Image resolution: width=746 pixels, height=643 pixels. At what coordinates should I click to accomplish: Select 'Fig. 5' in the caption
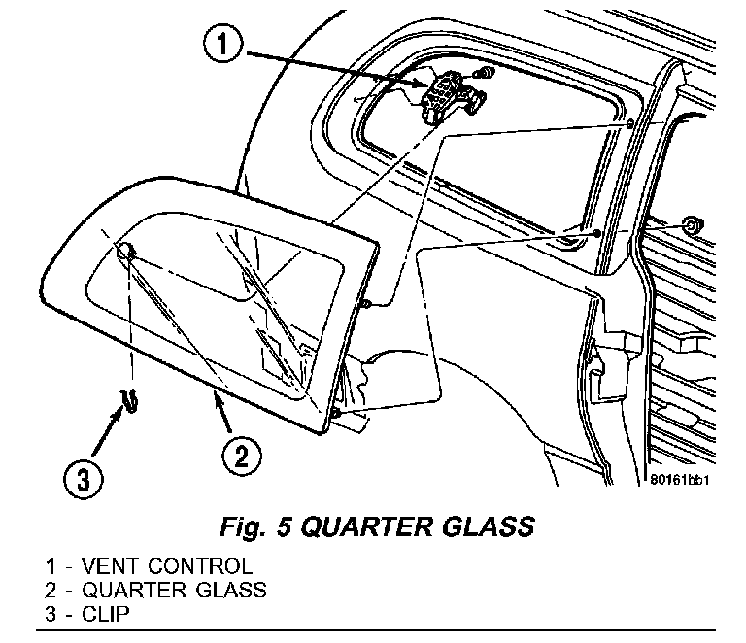coord(252,528)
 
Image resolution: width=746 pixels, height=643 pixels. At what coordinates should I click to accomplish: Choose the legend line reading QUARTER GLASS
coord(175,590)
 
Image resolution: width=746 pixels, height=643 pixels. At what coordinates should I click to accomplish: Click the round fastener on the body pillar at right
coord(692,225)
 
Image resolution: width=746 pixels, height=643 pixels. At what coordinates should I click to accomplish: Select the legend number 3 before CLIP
coord(49,614)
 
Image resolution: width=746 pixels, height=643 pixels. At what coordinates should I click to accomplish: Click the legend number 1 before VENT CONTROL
coord(49,566)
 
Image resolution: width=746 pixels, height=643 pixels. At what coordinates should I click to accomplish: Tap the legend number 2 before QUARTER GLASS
coord(49,590)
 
